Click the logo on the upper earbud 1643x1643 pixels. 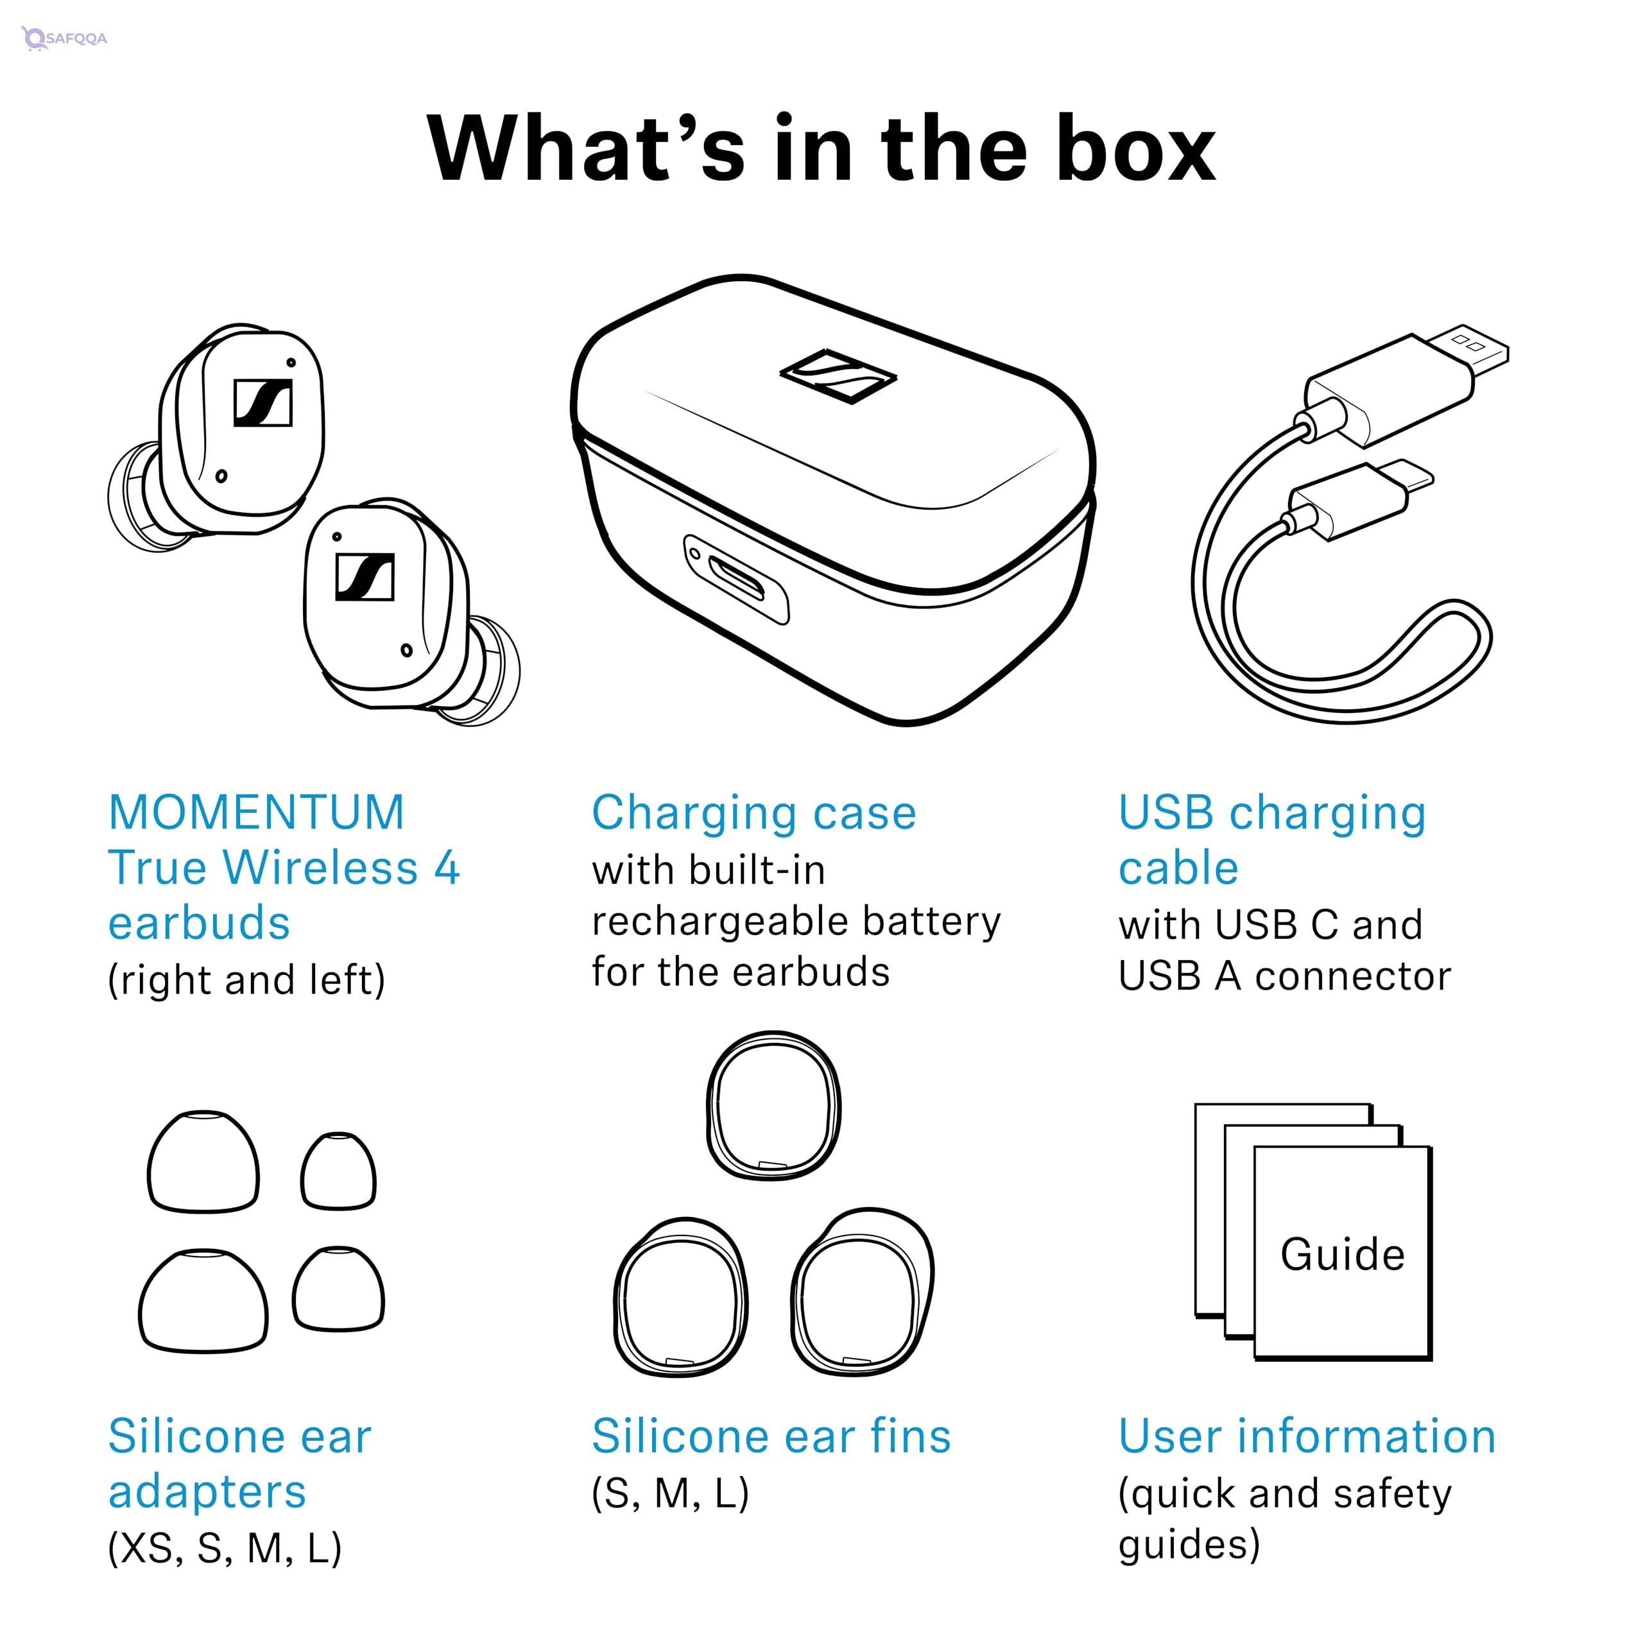pyautogui.click(x=262, y=402)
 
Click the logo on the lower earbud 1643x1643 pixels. pyautogui.click(x=365, y=576)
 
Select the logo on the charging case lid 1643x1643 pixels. pyautogui.click(x=838, y=375)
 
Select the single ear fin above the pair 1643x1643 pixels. pyautogui.click(x=773, y=1106)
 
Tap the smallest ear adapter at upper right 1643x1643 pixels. pyautogui.click(x=338, y=1171)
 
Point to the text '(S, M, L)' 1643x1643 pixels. pyautogui.click(x=670, y=1492)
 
